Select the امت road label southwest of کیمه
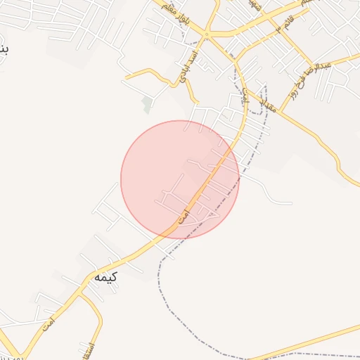tap(48, 324)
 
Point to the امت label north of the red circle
tap(245, 100)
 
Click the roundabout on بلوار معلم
tap(207, 34)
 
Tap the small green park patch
tap(147, 105)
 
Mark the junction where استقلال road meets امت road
tap(79, 294)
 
